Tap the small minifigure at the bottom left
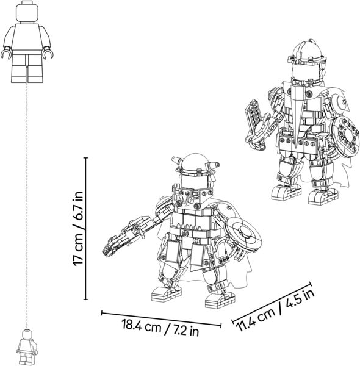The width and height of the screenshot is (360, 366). [27, 347]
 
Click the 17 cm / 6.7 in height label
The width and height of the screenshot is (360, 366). [78, 229]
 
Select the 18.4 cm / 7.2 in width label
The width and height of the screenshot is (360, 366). [160, 328]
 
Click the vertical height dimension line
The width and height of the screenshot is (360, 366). [85, 229]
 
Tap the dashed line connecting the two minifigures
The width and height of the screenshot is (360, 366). [27, 206]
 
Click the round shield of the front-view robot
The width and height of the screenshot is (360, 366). [243, 235]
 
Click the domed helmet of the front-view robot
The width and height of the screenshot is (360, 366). [195, 163]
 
